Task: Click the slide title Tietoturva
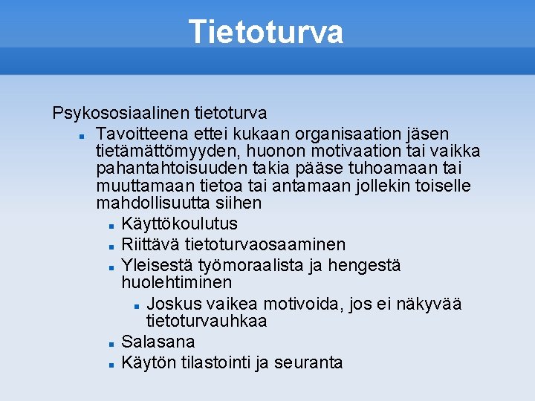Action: [x=266, y=32]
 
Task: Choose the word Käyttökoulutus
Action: [x=179, y=224]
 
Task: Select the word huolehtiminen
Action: [x=176, y=283]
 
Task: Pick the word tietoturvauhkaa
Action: [x=207, y=322]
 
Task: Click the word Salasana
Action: [x=158, y=342]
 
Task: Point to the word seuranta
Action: [x=308, y=363]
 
